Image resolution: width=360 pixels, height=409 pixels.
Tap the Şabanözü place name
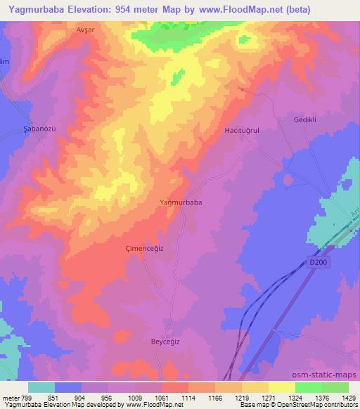click(30, 130)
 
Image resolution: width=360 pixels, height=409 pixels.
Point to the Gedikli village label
click(307, 120)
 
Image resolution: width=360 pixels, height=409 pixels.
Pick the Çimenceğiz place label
click(145, 248)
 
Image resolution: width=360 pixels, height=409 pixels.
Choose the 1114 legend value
click(188, 397)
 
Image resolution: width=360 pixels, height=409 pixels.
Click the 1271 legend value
click(268, 397)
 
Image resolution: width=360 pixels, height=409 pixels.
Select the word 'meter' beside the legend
click(11, 397)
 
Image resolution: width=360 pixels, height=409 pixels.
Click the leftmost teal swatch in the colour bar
click(41, 387)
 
